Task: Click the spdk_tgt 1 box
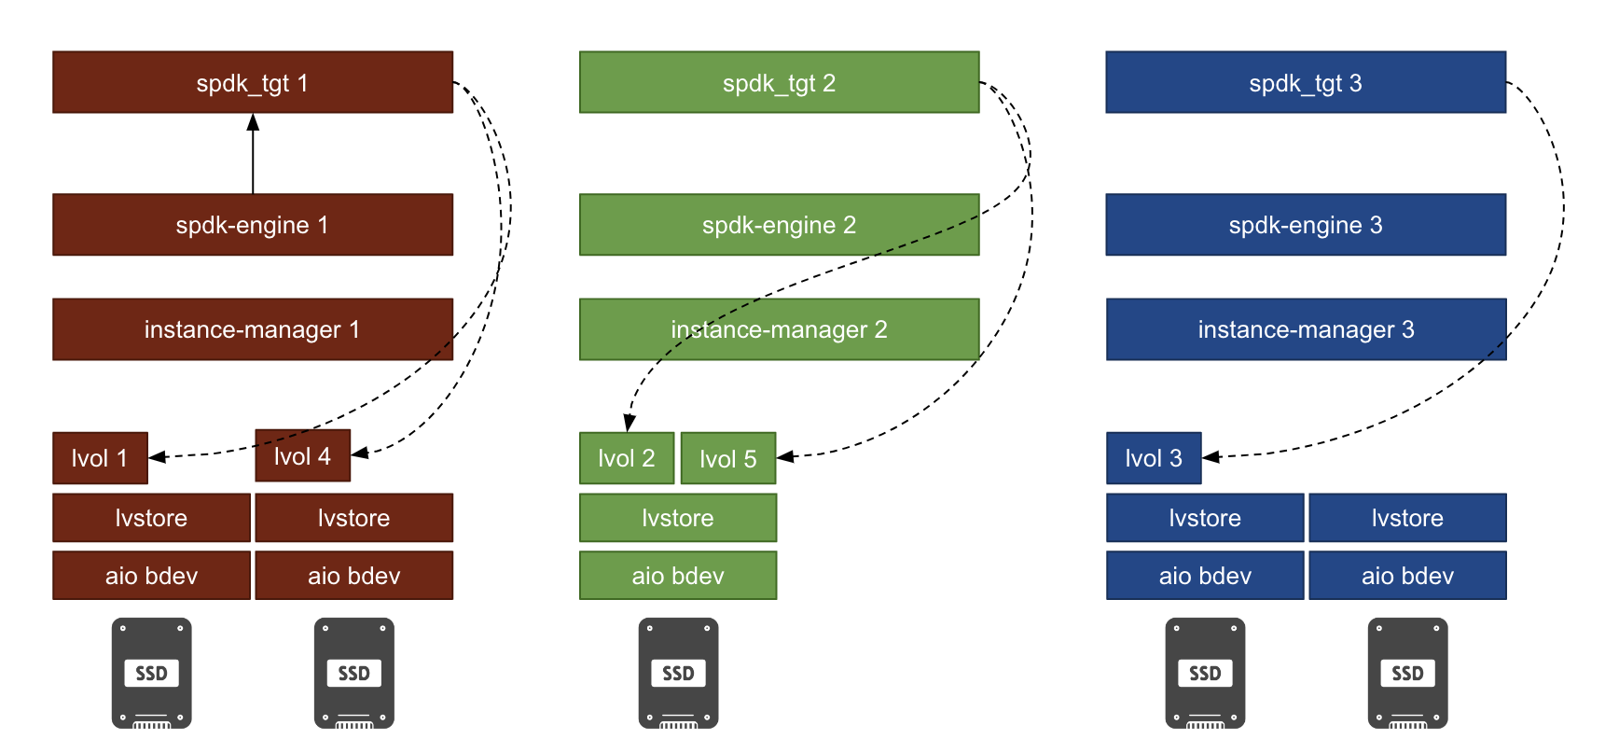tap(253, 82)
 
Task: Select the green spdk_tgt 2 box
tap(780, 82)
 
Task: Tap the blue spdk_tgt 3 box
tap(1306, 82)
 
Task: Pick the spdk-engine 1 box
tap(253, 225)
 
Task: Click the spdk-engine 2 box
tap(780, 225)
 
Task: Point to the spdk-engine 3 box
tap(1306, 225)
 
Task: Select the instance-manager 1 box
tap(253, 329)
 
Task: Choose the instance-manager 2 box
tap(780, 329)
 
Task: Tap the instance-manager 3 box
tap(1306, 329)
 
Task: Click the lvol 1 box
tap(100, 458)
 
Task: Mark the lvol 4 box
tap(303, 455)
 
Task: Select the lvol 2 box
tap(627, 458)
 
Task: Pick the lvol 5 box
tap(728, 458)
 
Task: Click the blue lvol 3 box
tap(1154, 458)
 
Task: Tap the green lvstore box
tap(678, 518)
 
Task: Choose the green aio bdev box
tap(678, 576)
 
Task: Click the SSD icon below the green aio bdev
tap(678, 673)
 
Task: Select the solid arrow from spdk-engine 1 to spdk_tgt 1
tap(253, 154)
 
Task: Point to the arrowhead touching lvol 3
tap(1211, 457)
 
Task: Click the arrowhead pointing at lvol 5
tap(785, 456)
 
